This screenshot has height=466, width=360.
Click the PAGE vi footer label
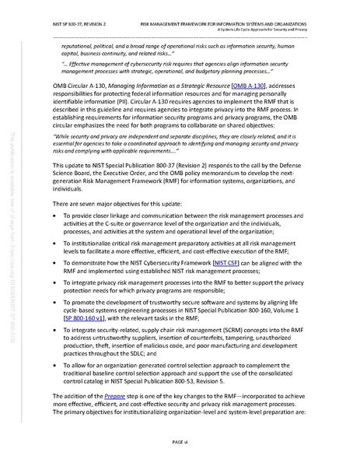tap(180, 442)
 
